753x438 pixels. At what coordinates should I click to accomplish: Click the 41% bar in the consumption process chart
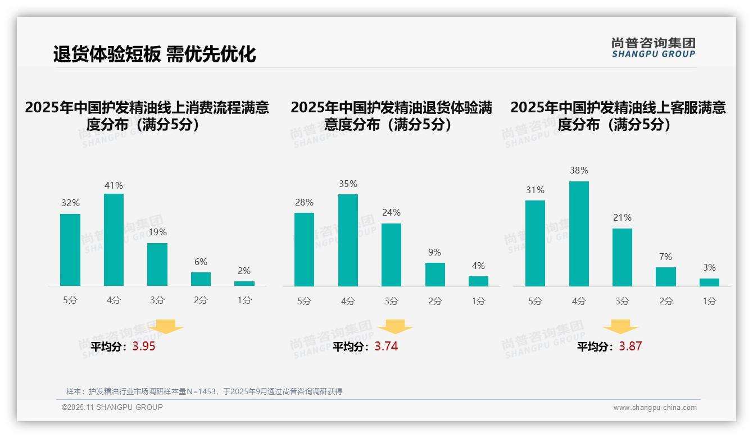[x=114, y=240]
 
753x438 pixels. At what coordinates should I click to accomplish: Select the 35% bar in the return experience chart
[x=348, y=240]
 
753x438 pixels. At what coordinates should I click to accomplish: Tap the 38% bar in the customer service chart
[x=579, y=234]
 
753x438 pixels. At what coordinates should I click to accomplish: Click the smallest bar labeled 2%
[x=244, y=283]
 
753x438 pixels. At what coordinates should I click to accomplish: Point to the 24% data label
[x=391, y=213]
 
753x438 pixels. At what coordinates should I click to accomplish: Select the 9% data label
[x=434, y=253]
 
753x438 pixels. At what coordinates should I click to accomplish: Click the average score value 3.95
[x=144, y=346]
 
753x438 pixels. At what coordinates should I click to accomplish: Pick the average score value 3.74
[x=386, y=346]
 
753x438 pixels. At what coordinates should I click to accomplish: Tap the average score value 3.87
[x=630, y=346]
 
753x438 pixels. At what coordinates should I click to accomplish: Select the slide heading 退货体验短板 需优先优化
[x=155, y=54]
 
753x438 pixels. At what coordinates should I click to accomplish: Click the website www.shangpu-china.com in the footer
[x=655, y=408]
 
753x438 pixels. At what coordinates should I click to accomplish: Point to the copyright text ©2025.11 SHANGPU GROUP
[x=112, y=407]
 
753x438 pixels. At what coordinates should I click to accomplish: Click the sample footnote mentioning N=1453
[x=204, y=391]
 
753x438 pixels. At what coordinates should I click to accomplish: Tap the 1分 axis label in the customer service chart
[x=709, y=301]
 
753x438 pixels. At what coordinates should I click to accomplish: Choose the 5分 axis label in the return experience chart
[x=304, y=301]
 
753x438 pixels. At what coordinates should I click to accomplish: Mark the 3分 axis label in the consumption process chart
[x=157, y=300]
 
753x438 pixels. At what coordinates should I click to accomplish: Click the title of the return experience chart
[x=391, y=116]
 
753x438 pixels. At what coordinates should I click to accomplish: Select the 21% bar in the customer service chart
[x=622, y=257]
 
